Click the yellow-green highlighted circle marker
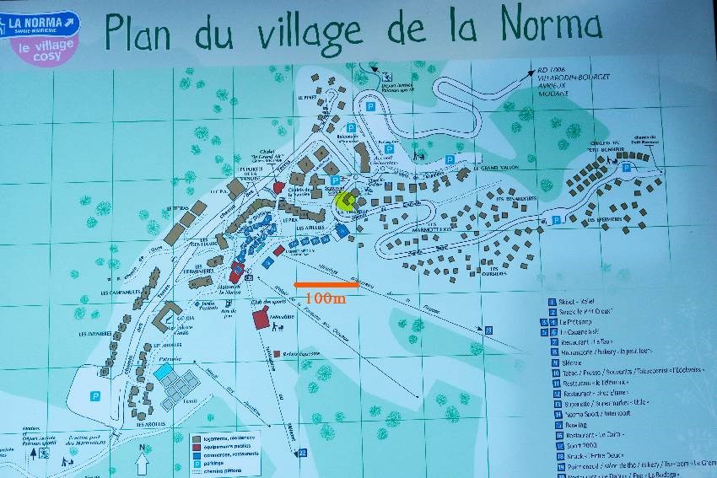344,201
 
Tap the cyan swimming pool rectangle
164,371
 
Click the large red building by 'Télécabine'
261,320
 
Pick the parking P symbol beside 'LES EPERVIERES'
627,168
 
